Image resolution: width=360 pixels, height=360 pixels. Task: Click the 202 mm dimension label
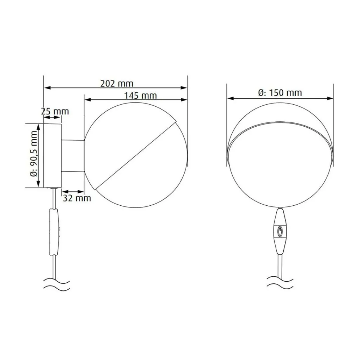point(117,83)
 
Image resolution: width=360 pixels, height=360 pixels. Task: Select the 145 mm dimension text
point(141,96)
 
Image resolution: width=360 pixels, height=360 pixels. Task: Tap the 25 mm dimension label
point(55,111)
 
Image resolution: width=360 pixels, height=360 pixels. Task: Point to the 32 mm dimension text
point(77,198)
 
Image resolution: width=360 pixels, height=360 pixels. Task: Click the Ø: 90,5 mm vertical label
point(34,154)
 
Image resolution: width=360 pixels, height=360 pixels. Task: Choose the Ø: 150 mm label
point(280,93)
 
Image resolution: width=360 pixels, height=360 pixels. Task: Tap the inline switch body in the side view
point(54,232)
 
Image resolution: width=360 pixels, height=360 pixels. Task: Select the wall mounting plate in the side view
point(52,156)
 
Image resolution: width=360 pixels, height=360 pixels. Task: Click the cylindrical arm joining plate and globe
point(73,156)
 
